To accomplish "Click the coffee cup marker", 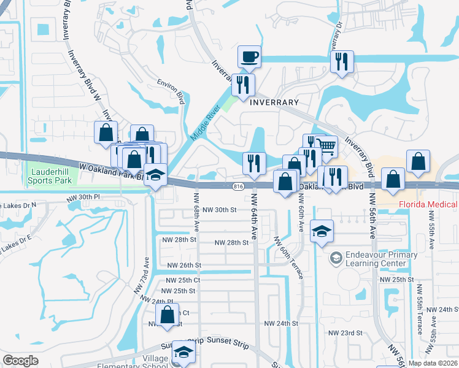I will point(249,57).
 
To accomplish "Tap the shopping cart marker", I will point(327,147).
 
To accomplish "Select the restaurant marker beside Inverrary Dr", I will point(341,62).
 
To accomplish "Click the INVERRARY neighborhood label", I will point(274,102).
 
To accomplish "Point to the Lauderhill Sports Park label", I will point(50,177).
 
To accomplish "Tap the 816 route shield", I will point(239,186).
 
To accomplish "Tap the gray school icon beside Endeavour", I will point(336,258).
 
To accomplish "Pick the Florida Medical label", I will point(428,204).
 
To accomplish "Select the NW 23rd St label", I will point(347,333).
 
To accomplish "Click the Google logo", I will point(20,361).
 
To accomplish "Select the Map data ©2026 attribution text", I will point(433,363).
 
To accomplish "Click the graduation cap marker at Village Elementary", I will point(183,352).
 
